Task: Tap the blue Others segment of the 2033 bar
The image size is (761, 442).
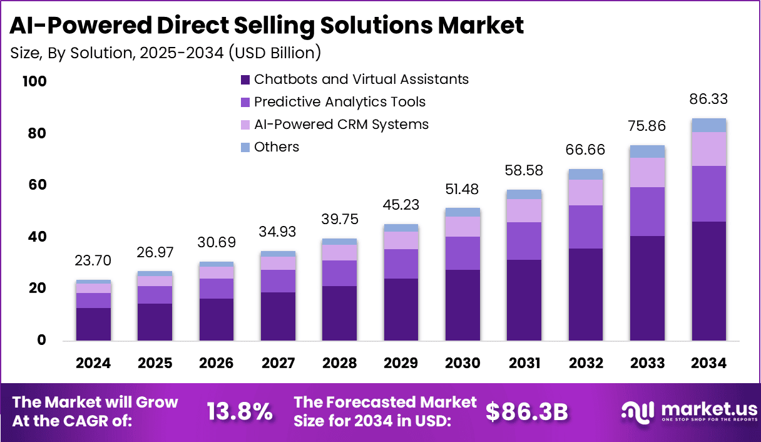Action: pyautogui.click(x=648, y=151)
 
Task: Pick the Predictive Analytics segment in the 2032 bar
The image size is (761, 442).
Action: pyautogui.click(x=586, y=227)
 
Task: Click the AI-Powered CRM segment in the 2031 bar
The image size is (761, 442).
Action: pyautogui.click(x=524, y=210)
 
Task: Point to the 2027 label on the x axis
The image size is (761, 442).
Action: pyautogui.click(x=278, y=364)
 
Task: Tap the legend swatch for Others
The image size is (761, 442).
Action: pyautogui.click(x=245, y=148)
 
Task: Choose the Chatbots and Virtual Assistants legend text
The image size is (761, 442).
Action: pyautogui.click(x=361, y=80)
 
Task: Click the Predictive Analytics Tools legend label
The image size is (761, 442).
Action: pyautogui.click(x=339, y=102)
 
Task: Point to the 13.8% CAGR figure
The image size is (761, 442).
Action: pyautogui.click(x=240, y=411)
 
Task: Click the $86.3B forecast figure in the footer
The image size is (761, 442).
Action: pyautogui.click(x=527, y=411)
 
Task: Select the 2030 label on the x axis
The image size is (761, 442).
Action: pyautogui.click(x=462, y=364)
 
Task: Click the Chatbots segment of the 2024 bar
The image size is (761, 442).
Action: pyautogui.click(x=93, y=324)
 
